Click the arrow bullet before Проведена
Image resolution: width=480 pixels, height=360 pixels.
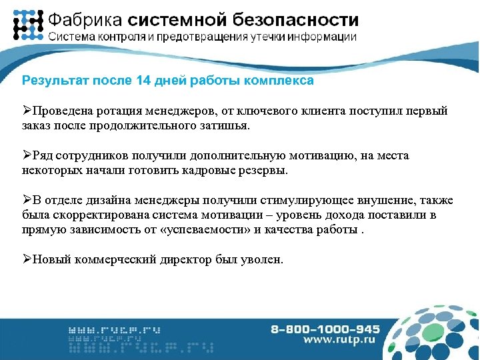(x=27, y=109)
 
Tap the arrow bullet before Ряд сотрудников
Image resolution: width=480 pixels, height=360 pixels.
(x=27, y=155)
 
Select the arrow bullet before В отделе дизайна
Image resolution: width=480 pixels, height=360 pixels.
(x=27, y=201)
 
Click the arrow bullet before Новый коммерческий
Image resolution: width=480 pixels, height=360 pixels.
(x=27, y=259)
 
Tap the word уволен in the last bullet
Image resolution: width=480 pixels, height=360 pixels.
(x=263, y=259)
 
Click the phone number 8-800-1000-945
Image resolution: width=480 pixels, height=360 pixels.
(x=325, y=329)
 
